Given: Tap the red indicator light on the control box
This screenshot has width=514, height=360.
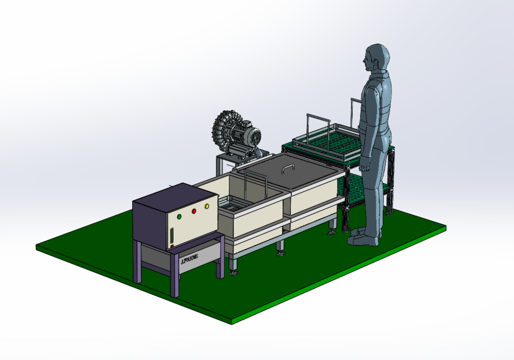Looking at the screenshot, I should [x=193, y=211].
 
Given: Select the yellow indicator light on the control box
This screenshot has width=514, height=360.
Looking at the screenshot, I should [x=207, y=206].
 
